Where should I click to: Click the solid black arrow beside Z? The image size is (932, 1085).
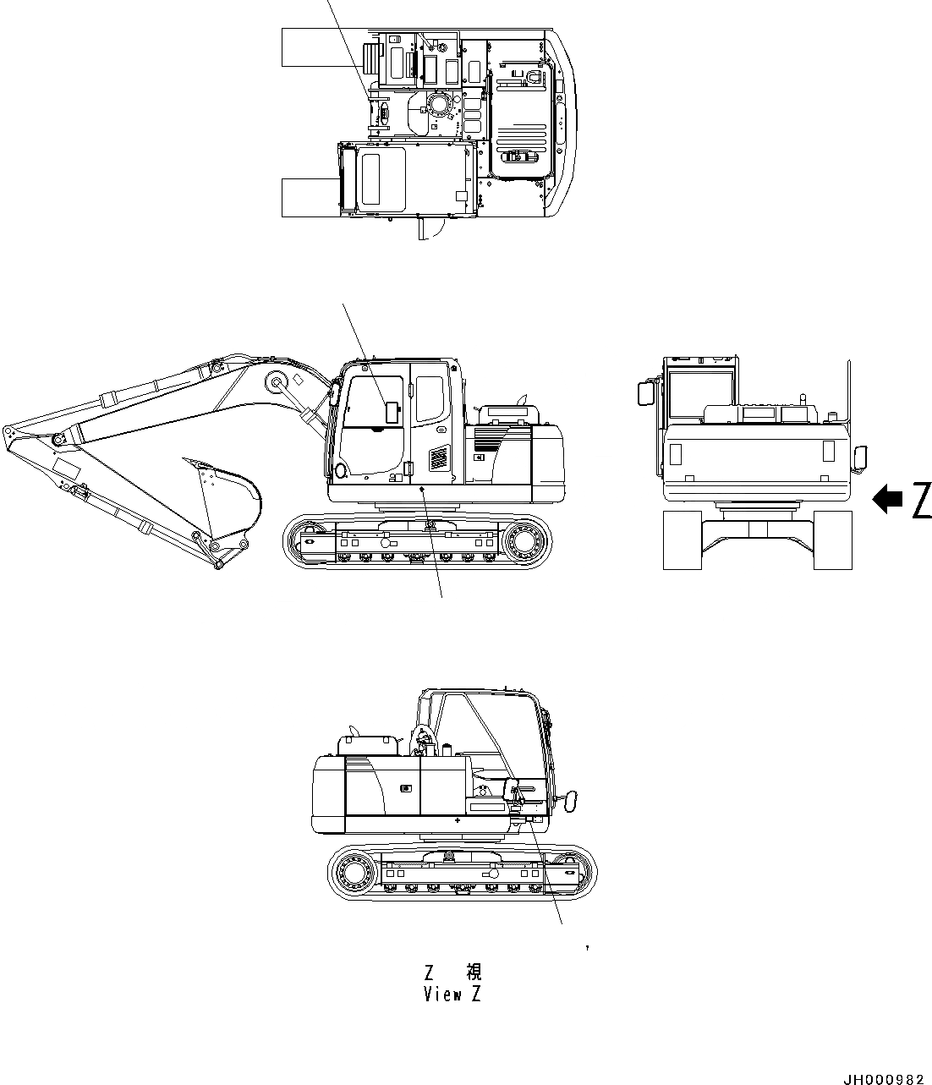(x=887, y=500)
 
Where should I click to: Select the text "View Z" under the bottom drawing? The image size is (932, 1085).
(x=452, y=995)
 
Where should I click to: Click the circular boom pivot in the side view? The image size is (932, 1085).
(x=276, y=382)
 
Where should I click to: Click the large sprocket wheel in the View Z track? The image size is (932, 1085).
(x=356, y=870)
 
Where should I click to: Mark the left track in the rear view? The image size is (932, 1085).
(x=682, y=540)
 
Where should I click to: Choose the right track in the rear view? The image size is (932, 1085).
(x=832, y=540)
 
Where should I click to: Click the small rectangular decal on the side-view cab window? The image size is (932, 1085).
(x=392, y=412)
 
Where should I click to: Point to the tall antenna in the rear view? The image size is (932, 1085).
(x=847, y=397)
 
